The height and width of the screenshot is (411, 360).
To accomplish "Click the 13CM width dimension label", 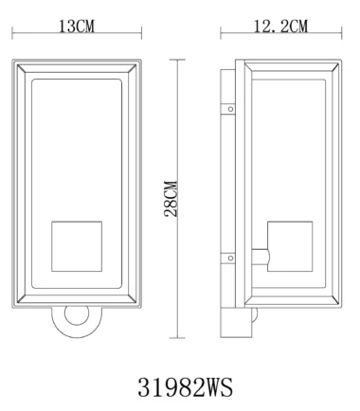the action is pyautogui.click(x=77, y=27).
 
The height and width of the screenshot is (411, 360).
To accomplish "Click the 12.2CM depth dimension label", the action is pyautogui.click(x=280, y=27).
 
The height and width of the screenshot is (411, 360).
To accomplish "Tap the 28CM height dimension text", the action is pyautogui.click(x=171, y=199).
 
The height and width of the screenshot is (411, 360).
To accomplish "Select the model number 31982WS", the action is pyautogui.click(x=186, y=387).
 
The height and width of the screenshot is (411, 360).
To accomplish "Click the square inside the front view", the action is pyautogui.click(x=77, y=246).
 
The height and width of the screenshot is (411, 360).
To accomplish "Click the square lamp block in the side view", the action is pyautogui.click(x=290, y=246).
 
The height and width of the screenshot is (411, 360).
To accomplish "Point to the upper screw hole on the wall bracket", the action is pyautogui.click(x=230, y=109).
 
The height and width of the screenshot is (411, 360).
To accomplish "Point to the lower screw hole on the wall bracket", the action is pyautogui.click(x=230, y=259).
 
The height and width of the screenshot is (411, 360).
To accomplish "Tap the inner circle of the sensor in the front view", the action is pyautogui.click(x=77, y=315).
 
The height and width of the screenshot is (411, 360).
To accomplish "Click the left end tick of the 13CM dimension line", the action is pyautogui.click(x=12, y=33).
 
